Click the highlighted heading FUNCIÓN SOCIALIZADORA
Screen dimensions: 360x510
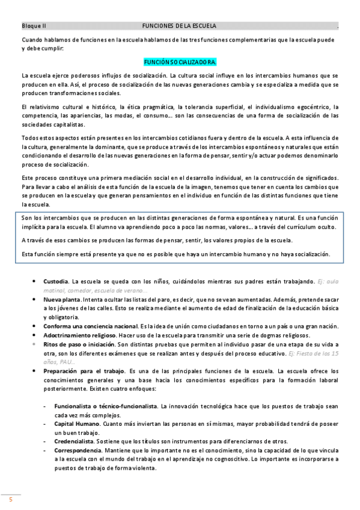coord(180,63)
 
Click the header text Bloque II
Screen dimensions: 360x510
coord(34,26)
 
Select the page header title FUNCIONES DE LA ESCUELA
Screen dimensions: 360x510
coord(179,26)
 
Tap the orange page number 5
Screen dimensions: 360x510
coord(10,500)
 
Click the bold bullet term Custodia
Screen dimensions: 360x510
coord(56,281)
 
